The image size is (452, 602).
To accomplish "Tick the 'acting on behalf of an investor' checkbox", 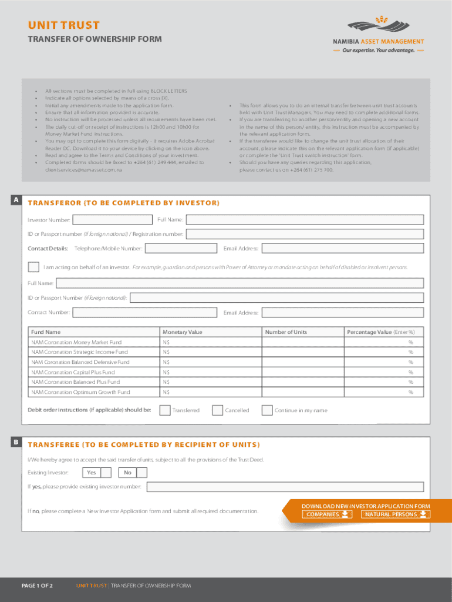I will [x=34, y=267].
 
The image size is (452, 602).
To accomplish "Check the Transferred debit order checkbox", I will [x=165, y=410].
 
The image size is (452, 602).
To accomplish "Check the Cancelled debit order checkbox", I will [x=217, y=410].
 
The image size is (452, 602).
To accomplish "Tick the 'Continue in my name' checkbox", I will [x=267, y=410].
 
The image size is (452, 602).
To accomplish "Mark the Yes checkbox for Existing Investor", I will [x=106, y=473].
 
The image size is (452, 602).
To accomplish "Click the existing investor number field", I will [x=285, y=487].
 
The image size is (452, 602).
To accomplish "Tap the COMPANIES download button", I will [x=328, y=514].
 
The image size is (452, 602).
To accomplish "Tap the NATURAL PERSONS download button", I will [x=395, y=514].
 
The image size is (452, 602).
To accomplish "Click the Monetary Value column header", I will [x=182, y=332].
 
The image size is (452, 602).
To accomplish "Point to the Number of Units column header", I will [x=285, y=332].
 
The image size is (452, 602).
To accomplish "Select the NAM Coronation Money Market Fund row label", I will [x=76, y=342].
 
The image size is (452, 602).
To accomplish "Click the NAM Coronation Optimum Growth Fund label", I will [x=80, y=392].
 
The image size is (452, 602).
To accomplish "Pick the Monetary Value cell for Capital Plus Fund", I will [x=211, y=372].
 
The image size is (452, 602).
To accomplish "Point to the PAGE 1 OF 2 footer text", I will [x=38, y=586].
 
